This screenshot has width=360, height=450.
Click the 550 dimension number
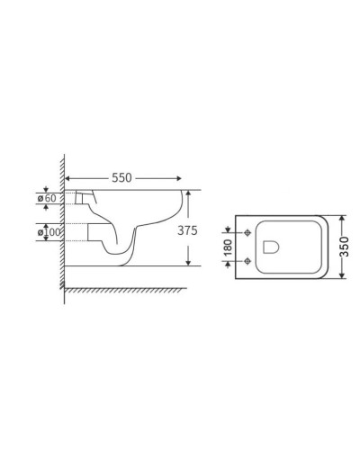point(121,177)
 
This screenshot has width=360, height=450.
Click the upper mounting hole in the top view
point(247,236)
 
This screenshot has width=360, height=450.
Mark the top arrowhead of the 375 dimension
point(187,193)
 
